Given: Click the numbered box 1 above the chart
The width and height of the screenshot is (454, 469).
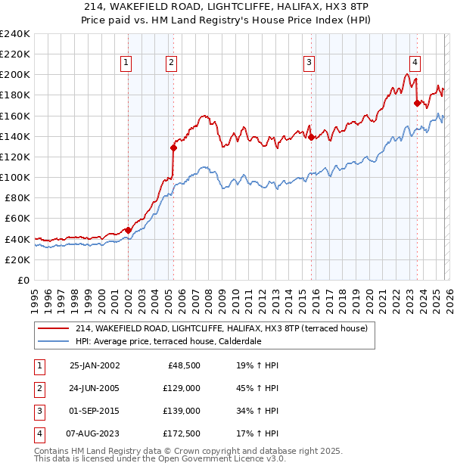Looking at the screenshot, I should click(126, 63).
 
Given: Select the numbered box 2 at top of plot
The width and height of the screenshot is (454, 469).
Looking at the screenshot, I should click(172, 63).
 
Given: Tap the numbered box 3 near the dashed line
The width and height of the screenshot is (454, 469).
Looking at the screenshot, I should click(309, 63).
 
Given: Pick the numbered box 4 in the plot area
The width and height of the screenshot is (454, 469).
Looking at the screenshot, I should click(415, 63).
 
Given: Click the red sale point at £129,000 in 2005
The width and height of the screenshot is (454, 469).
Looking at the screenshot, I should click(173, 148).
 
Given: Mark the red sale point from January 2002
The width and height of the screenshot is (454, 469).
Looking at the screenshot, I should click(128, 230).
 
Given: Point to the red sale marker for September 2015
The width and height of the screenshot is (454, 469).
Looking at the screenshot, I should click(311, 138).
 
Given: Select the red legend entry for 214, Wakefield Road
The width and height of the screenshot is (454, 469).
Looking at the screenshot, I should click(221, 328).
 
